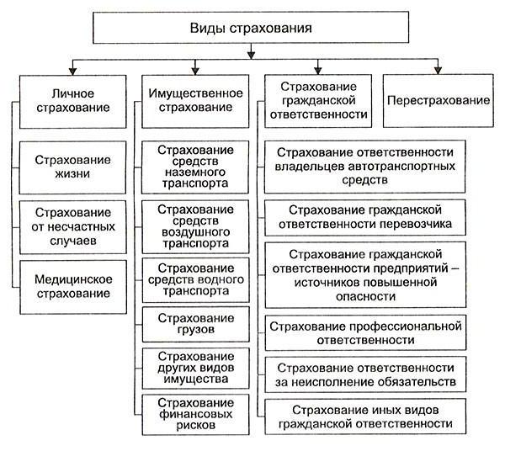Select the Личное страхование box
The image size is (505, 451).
71,101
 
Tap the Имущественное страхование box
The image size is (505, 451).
195,101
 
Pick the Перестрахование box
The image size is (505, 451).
439,100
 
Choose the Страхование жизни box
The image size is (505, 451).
71,166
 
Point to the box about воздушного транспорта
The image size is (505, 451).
195,225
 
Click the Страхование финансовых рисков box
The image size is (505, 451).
195,412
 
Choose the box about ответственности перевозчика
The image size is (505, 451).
365,216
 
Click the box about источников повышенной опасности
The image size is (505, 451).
365,274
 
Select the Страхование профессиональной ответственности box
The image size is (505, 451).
365,333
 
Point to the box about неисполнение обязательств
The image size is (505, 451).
365,374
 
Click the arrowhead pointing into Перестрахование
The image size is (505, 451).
437,71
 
